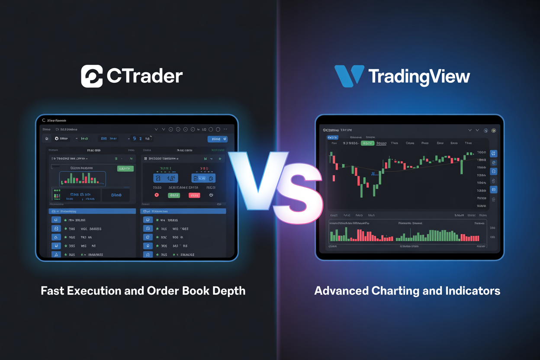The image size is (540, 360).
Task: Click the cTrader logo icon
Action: (92, 76)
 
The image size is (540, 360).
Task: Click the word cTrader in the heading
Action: (145, 76)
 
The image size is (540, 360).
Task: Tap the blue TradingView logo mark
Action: (349, 76)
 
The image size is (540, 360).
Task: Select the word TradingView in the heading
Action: (419, 77)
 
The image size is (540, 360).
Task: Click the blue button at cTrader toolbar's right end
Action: (217, 139)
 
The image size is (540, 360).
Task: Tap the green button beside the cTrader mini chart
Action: (125, 168)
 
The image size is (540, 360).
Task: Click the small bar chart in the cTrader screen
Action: (82, 178)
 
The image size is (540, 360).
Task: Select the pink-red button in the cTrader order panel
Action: (194, 195)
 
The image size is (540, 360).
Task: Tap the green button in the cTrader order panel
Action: (174, 195)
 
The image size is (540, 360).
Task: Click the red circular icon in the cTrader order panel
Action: (157, 195)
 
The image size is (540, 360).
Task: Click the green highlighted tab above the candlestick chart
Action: (367, 143)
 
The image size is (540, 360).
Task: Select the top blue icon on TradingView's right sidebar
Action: (494, 154)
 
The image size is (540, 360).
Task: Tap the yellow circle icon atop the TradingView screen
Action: (493, 130)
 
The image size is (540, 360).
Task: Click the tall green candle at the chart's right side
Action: (462, 167)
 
